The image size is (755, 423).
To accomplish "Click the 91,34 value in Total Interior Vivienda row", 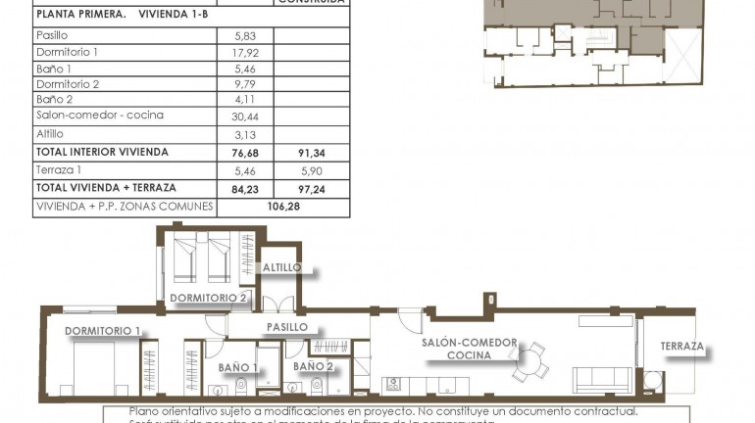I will (314, 153).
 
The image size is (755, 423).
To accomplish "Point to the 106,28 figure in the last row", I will (285, 207).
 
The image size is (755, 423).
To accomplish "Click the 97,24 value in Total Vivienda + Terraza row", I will (314, 188).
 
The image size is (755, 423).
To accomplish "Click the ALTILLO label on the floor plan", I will (281, 267).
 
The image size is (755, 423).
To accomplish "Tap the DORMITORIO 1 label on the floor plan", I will (103, 331).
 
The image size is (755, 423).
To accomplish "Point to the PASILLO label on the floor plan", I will (287, 327).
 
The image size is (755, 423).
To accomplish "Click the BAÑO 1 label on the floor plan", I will (238, 367).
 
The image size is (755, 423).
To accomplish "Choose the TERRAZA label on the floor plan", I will (681, 347).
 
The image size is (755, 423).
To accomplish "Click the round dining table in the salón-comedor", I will (529, 360).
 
